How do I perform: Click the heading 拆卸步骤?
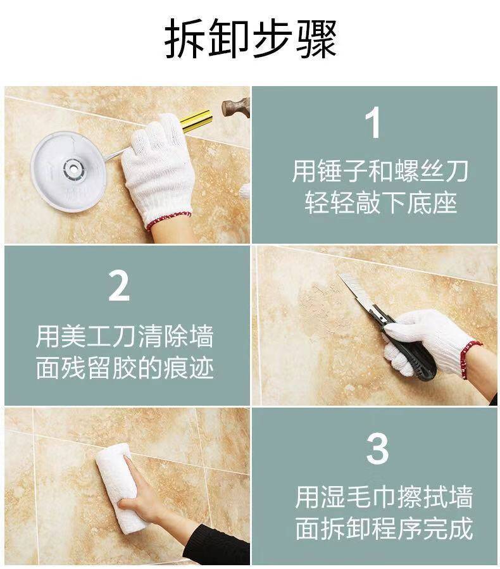(x=251, y=39)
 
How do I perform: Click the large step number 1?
(x=373, y=122)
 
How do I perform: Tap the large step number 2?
(x=119, y=286)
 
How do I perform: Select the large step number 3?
(x=377, y=449)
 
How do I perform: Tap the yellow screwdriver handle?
(x=196, y=121)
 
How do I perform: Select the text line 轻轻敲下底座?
(x=380, y=203)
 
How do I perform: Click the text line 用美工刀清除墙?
(x=125, y=336)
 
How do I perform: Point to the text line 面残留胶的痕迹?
(x=125, y=368)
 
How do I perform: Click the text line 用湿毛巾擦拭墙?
(x=384, y=496)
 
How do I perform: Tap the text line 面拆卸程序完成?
(x=384, y=528)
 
